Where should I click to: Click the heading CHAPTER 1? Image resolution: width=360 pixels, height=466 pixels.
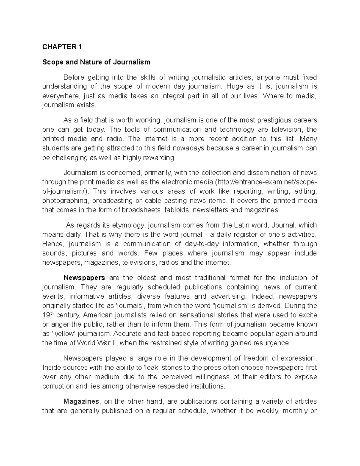[62, 47]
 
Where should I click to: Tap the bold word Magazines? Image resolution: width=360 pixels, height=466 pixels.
[81, 401]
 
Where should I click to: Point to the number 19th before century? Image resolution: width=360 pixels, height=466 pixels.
[48, 315]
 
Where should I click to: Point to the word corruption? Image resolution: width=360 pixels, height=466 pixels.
[58, 386]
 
